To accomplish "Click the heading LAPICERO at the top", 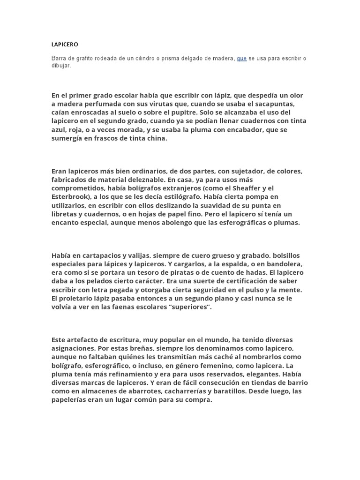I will (65, 45).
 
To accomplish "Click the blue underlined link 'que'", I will (242, 59).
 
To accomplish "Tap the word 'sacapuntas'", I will (277, 104).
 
